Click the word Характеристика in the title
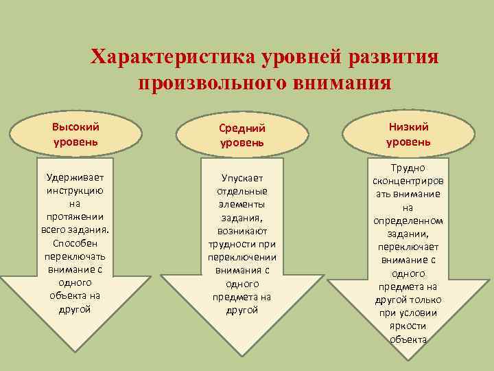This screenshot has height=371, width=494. pyautogui.click(x=173, y=57)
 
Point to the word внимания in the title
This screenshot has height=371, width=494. pyautogui.click(x=348, y=83)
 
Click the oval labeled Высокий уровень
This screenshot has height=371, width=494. pyautogui.click(x=75, y=134)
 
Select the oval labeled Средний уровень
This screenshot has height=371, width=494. pyautogui.click(x=242, y=135)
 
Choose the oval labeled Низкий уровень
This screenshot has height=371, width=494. pyautogui.click(x=408, y=134)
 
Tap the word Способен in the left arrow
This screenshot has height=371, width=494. pyautogui.click(x=75, y=243)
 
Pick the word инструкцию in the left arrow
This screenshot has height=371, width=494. pyautogui.click(x=75, y=190)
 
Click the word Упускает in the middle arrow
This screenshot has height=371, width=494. pyautogui.click(x=242, y=178)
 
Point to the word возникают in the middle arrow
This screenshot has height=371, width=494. pyautogui.click(x=242, y=231)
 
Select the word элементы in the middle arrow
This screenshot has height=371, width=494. pyautogui.click(x=242, y=204)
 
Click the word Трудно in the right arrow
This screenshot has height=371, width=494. pyautogui.click(x=408, y=168)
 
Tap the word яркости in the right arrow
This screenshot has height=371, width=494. pyautogui.click(x=408, y=326)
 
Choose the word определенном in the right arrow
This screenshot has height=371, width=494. pyautogui.click(x=408, y=221)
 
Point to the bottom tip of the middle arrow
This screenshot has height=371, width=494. pyautogui.click(x=242, y=350)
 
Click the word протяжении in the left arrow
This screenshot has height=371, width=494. pyautogui.click(x=75, y=217)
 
